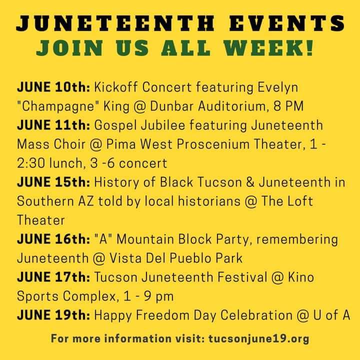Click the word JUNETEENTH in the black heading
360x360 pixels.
[115, 23]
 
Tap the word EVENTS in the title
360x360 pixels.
[287, 23]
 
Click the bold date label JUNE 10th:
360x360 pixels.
[53, 87]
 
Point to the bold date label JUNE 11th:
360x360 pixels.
[53, 125]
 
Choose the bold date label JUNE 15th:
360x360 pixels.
[53, 182]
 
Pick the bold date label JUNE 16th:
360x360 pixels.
[53, 239]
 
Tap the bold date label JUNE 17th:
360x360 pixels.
[53, 277]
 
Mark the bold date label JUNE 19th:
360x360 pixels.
[53, 315]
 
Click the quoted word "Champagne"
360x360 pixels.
[56, 107]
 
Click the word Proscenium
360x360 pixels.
[213, 144]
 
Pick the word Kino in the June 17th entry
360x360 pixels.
[301, 277]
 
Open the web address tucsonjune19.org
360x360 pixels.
[259, 339]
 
